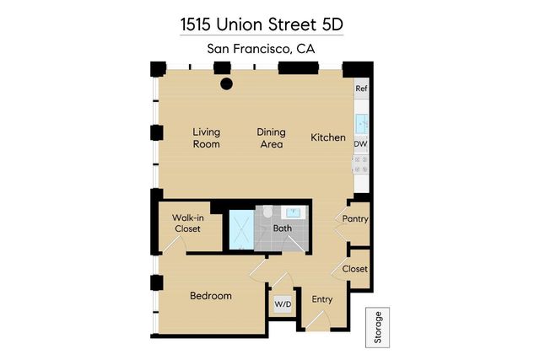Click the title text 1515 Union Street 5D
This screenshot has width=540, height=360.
point(262,24)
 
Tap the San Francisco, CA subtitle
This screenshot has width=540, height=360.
point(262,49)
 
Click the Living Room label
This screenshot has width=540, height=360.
point(206,138)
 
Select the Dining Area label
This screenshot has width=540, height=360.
point(271,138)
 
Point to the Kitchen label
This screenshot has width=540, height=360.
point(328,137)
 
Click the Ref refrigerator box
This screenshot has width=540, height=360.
point(361,89)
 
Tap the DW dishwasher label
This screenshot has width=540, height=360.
point(360,144)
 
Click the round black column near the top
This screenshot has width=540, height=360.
point(226,83)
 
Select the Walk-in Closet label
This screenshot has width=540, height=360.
point(187,223)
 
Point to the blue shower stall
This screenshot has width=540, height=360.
point(240,228)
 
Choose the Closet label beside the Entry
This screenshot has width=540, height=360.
point(354,270)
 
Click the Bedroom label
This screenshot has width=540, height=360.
point(210,296)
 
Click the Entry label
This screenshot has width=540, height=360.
point(322,299)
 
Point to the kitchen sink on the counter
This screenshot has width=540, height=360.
point(361,122)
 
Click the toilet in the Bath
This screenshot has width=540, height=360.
point(267,212)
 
